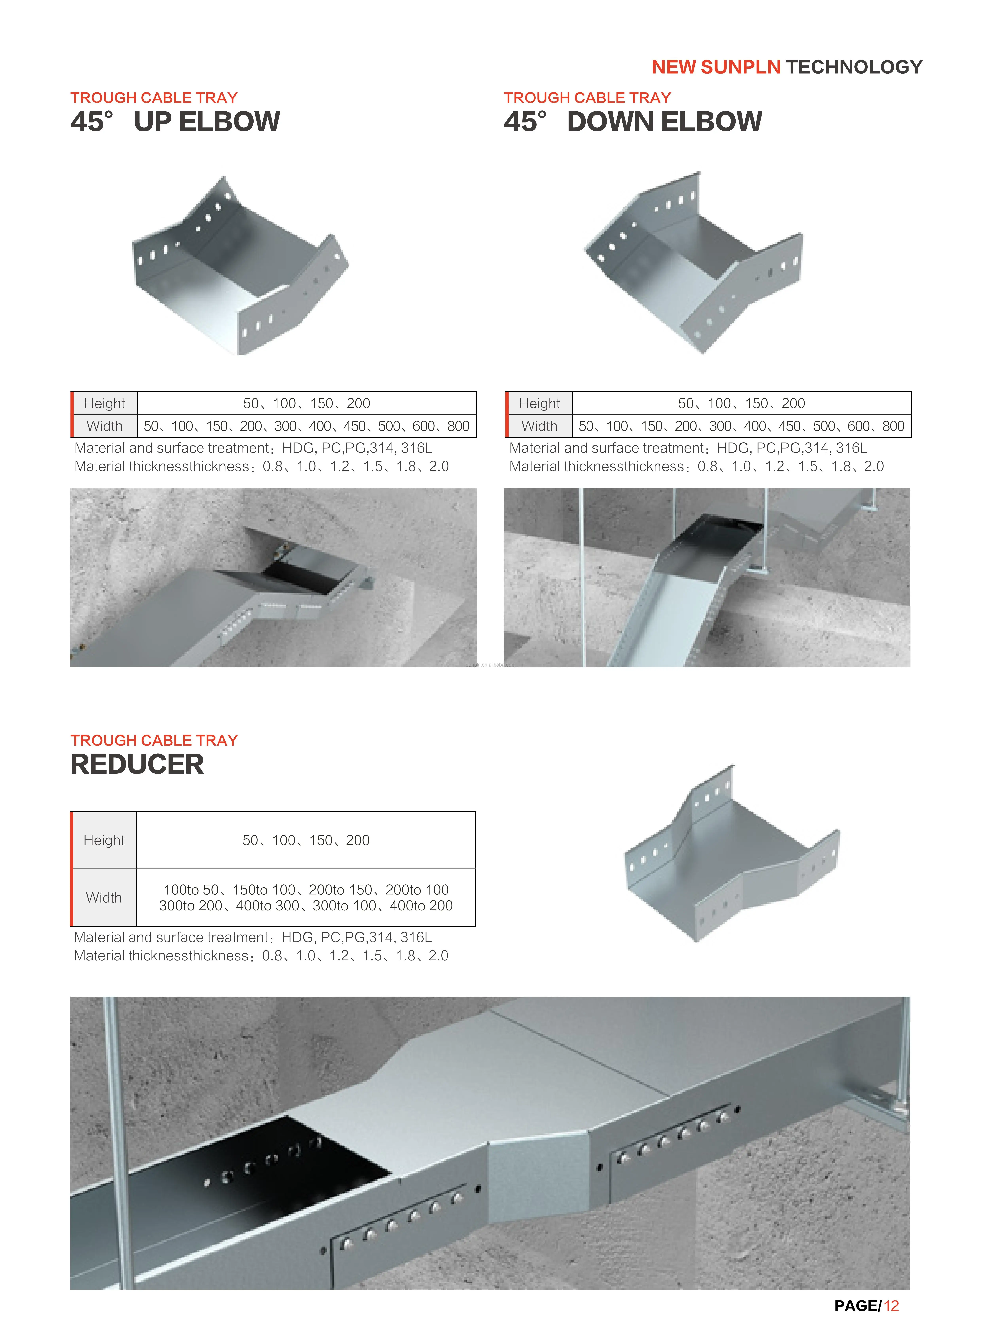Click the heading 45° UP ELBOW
tap(175, 122)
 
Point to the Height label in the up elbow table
tap(105, 403)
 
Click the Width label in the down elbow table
tap(539, 426)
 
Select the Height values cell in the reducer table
tap(306, 840)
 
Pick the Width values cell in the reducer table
tap(306, 898)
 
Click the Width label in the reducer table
tap(104, 898)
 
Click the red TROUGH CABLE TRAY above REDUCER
tap(154, 740)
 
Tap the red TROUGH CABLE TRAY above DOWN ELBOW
tap(587, 98)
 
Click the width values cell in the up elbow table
tap(307, 426)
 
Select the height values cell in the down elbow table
tap(741, 403)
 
